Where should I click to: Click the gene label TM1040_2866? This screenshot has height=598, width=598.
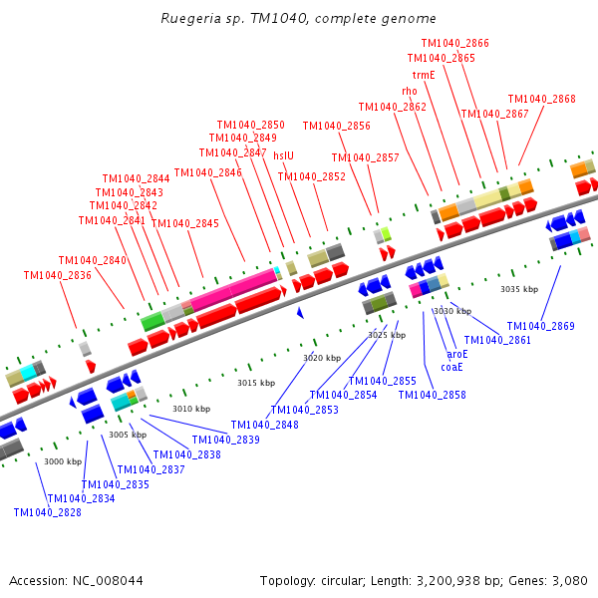(454, 43)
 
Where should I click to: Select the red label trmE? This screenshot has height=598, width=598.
(424, 75)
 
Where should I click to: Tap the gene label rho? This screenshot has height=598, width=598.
(410, 91)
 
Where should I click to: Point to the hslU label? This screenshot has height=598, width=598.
(284, 155)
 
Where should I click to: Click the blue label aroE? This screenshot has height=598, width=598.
(456, 354)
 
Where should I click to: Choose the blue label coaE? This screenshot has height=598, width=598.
(451, 367)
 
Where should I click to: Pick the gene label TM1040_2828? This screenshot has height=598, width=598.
(48, 512)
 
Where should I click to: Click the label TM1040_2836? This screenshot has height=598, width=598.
(58, 275)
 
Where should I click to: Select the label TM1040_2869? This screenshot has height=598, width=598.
(540, 326)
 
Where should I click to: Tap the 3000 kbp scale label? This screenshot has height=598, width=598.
(62, 461)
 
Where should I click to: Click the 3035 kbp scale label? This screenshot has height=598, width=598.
(518, 289)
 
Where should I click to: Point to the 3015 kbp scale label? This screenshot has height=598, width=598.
(255, 383)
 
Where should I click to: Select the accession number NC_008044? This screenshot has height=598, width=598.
(106, 580)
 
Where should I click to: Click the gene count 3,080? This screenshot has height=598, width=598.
(566, 580)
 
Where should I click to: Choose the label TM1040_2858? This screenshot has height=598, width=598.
(432, 395)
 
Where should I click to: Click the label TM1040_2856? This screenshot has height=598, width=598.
(336, 126)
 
